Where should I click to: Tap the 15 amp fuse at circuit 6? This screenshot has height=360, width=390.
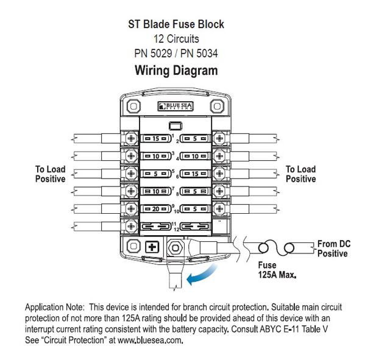(193, 174)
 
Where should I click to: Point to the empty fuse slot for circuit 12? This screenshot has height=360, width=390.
(193, 225)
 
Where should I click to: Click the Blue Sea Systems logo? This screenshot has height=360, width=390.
(177, 107)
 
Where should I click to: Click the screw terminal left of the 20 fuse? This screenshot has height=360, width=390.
(130, 208)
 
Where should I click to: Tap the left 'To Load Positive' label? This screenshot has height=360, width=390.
(51, 174)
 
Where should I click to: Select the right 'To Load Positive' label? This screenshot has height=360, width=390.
(301, 174)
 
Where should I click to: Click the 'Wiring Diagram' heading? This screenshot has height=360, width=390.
(175, 71)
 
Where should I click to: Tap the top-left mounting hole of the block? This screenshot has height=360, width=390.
(130, 105)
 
